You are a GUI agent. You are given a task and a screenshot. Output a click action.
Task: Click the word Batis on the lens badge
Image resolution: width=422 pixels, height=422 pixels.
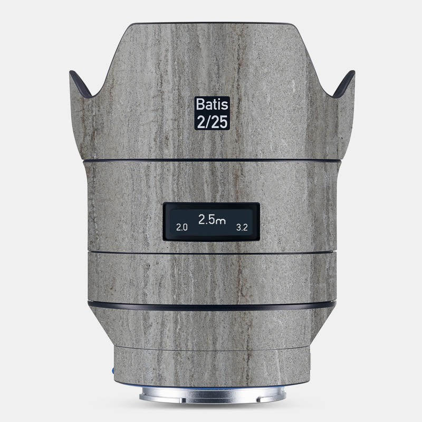pos(212,104)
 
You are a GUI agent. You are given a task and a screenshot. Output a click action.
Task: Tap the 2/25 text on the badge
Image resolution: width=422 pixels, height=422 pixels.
pos(212,121)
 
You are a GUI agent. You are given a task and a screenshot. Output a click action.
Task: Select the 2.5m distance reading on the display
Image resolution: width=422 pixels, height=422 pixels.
pos(212,219)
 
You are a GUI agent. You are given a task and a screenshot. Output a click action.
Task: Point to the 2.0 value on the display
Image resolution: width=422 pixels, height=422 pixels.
pos(181,228)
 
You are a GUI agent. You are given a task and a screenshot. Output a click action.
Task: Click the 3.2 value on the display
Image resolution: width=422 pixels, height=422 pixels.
pos(242,228)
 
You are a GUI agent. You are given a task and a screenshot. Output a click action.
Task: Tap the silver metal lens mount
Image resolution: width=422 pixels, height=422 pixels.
pos(212,395)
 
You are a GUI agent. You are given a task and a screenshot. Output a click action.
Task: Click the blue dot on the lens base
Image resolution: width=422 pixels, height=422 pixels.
pos(113,371)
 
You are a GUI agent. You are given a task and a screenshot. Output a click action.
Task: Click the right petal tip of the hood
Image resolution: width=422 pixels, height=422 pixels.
pos(352,72)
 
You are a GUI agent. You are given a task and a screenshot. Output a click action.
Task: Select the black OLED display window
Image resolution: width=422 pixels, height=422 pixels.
pos(212,222)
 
